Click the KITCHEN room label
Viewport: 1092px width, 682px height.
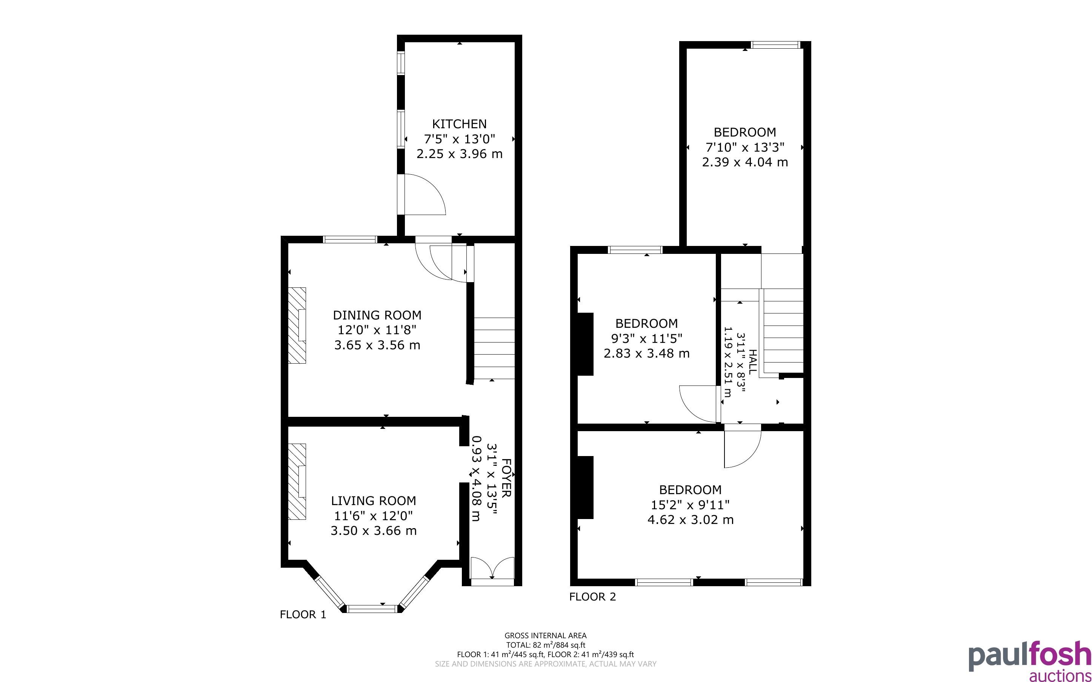459,124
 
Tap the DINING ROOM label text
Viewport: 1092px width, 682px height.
377,315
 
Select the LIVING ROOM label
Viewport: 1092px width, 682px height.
374,501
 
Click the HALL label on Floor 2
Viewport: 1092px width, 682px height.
752,362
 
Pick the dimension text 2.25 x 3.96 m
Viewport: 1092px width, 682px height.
459,154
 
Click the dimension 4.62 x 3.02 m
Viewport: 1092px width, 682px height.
690,520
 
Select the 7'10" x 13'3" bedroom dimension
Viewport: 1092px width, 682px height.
745,147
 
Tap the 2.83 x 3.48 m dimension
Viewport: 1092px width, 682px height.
646,353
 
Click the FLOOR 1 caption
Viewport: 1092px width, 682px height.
303,614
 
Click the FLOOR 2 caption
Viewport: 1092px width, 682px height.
592,597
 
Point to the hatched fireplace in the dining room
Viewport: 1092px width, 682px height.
297,325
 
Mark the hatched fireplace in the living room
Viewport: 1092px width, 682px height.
297,482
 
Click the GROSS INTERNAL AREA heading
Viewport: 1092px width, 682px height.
545,636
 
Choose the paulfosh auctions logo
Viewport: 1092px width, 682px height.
1030,660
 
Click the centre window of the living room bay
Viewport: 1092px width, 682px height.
373,609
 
